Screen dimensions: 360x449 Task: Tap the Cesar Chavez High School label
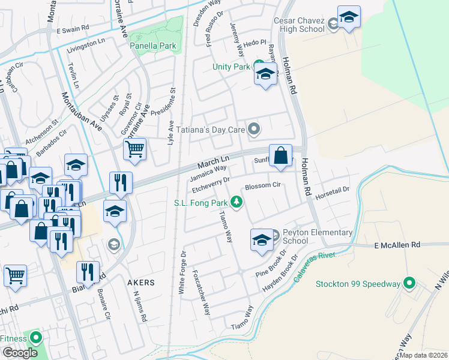tap(299, 25)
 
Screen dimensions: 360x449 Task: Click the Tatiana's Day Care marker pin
tap(255, 128)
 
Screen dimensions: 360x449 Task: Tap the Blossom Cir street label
tap(263, 187)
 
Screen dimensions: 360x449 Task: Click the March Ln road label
tap(214, 162)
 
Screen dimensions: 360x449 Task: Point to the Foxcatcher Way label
tap(202, 292)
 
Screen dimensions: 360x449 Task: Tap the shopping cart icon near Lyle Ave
tap(135, 148)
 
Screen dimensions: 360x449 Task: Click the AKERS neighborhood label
tap(140, 282)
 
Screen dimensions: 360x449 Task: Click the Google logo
tap(20, 353)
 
